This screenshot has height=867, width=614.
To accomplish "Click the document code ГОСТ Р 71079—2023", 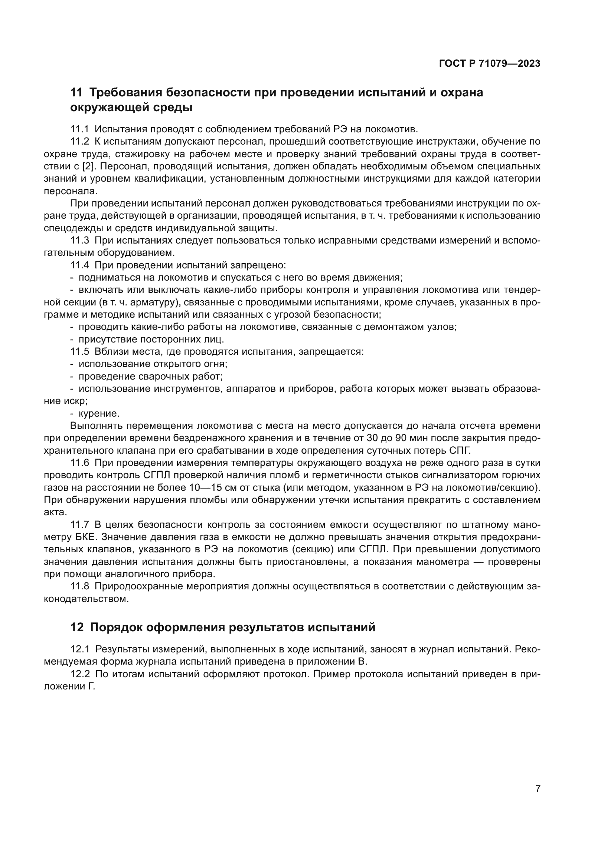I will tap(490, 64).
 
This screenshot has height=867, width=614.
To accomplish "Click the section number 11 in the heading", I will tap(76, 93).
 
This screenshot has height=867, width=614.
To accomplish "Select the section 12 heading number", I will tap(77, 627).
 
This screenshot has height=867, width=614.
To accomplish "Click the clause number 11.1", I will tap(79, 129).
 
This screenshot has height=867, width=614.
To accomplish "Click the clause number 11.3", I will tap(79, 240).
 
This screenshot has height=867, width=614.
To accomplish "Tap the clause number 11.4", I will tap(79, 265).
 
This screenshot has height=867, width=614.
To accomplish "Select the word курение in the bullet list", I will tap(99, 414).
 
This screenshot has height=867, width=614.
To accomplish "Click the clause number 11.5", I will tap(79, 351).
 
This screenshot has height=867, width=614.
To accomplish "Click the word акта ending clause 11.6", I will tap(55, 512).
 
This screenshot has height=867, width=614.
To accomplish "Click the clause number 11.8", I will tap(79, 586).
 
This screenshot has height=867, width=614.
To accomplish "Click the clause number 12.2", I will tap(80, 674).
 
